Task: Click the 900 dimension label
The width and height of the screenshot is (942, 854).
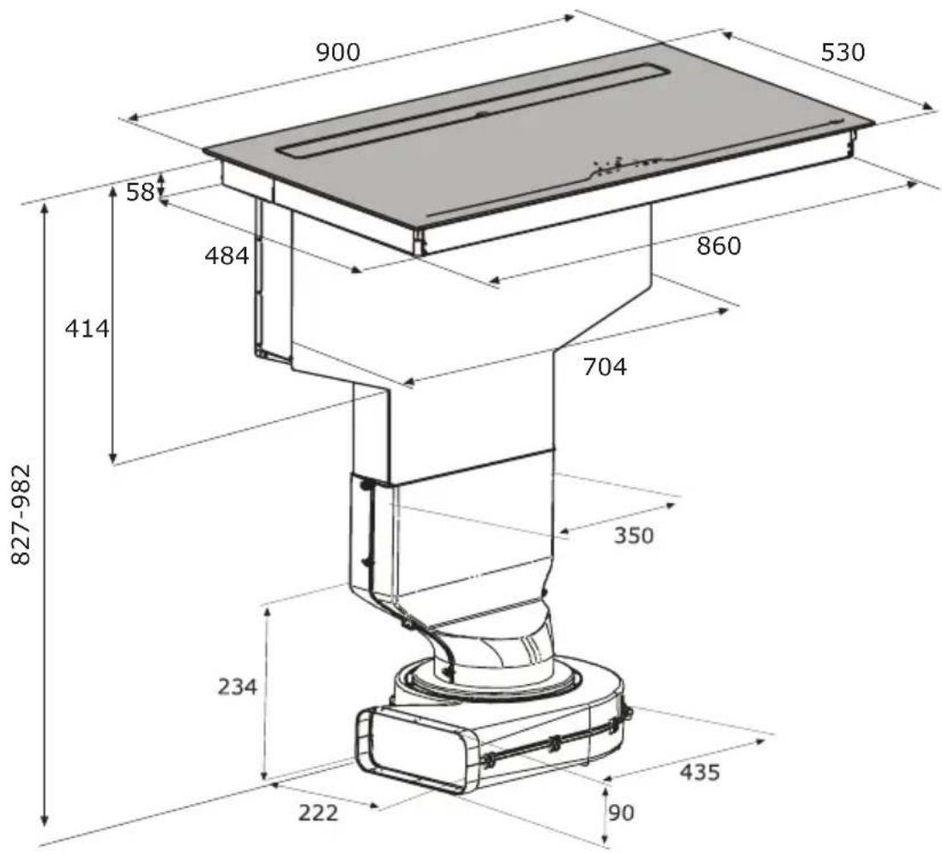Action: [x=338, y=53]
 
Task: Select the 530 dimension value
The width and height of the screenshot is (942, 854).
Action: [x=842, y=52]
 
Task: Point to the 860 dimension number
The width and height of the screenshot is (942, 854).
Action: [x=719, y=245]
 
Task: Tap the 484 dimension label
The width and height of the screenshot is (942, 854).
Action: [x=226, y=256]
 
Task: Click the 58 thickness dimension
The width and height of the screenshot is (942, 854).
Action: [x=141, y=192]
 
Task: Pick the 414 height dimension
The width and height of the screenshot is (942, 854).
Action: [x=88, y=328]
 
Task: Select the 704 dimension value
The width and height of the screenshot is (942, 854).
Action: [x=605, y=366]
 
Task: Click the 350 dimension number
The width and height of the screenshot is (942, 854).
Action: [x=634, y=534]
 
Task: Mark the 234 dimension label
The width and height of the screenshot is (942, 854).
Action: [x=238, y=686]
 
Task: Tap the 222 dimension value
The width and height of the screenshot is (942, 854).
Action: [x=318, y=813]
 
